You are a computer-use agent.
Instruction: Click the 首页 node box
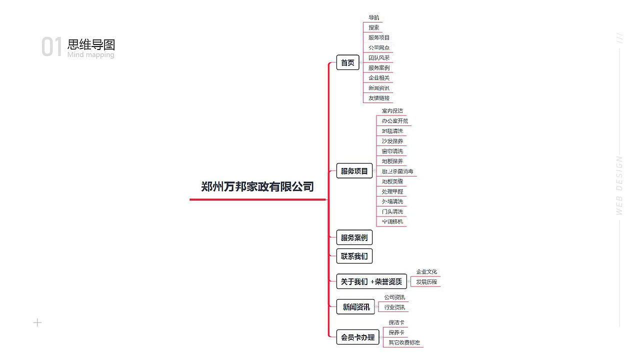pyautogui.click(x=347, y=62)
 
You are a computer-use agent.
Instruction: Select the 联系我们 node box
pyautogui.click(x=354, y=256)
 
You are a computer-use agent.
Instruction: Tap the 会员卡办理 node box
pyautogui.click(x=357, y=337)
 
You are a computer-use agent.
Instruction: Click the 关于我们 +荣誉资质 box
pyautogui.click(x=371, y=281)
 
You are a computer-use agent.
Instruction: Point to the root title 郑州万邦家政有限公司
pyautogui.click(x=257, y=187)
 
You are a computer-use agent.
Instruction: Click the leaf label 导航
pyautogui.click(x=374, y=17)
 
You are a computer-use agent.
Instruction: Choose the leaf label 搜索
pyautogui.click(x=374, y=27)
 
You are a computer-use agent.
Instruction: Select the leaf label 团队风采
pyautogui.click(x=379, y=58)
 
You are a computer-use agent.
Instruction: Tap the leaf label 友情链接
pyautogui.click(x=379, y=98)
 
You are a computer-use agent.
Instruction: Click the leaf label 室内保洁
pyautogui.click(x=392, y=110)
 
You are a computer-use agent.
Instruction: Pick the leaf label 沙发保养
pyautogui.click(x=392, y=141)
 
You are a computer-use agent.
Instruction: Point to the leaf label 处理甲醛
pyautogui.click(x=392, y=191)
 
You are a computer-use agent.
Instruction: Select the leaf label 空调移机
pyautogui.click(x=392, y=221)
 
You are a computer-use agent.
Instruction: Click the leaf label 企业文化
pyautogui.click(x=426, y=272)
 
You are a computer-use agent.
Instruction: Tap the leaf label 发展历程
pyautogui.click(x=426, y=282)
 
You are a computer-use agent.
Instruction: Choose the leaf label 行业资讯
pyautogui.click(x=394, y=307)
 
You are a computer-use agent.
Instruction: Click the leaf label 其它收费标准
pyautogui.click(x=404, y=342)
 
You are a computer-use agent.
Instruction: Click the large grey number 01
pyautogui.click(x=51, y=47)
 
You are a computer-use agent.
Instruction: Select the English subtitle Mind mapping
pyautogui.click(x=91, y=54)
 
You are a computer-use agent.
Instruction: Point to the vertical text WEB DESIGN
pyautogui.click(x=619, y=185)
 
